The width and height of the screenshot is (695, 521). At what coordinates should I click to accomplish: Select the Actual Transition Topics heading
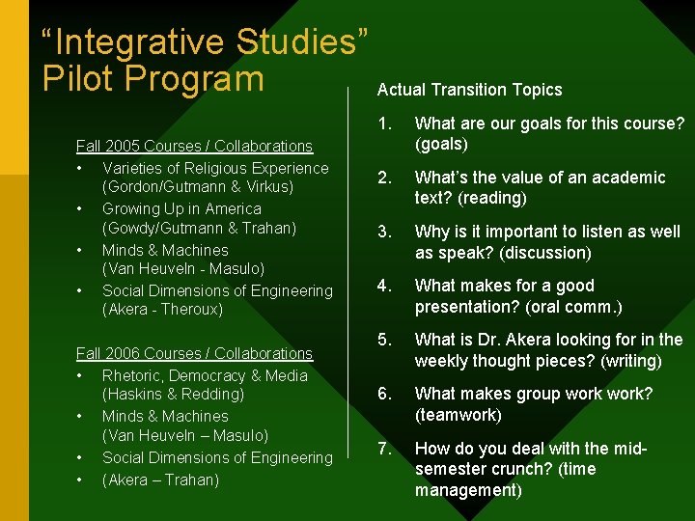click(469, 90)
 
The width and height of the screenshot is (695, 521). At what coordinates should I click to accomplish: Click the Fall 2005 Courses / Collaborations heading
click(194, 146)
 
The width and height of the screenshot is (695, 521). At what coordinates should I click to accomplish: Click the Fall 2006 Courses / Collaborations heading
click(194, 353)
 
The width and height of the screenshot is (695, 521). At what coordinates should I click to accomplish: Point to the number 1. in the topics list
click(385, 123)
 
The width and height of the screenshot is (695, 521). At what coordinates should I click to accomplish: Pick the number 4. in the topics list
click(385, 286)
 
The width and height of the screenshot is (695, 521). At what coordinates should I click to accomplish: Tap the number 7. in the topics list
click(385, 448)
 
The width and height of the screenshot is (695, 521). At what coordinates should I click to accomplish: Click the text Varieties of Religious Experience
click(215, 168)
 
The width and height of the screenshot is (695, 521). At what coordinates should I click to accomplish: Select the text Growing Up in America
click(181, 208)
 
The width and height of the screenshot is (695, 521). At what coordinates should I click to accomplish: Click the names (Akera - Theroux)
click(162, 309)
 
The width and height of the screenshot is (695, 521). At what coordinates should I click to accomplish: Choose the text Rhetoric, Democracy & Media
click(205, 375)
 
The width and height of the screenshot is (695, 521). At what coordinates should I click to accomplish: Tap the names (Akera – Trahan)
click(160, 480)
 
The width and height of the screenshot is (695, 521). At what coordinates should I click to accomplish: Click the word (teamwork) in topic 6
click(458, 415)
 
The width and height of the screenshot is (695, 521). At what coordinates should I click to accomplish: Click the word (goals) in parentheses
click(441, 145)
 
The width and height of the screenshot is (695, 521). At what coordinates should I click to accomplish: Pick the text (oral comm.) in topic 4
click(575, 307)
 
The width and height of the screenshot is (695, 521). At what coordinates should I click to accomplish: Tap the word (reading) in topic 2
click(492, 199)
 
